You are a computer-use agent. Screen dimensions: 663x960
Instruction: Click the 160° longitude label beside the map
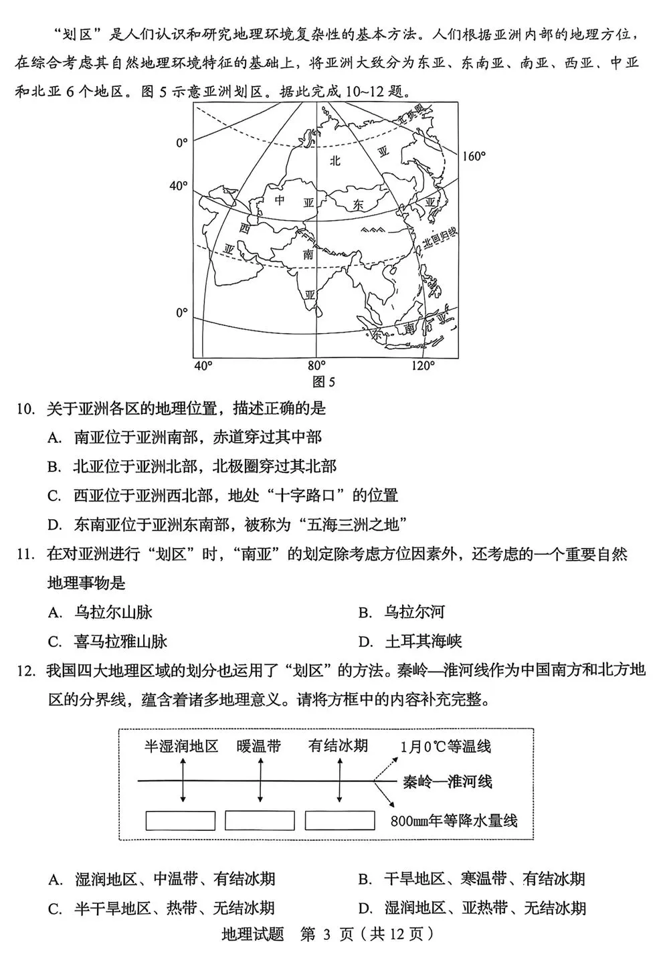coord(473,156)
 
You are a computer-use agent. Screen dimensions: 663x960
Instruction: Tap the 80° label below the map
coord(316,365)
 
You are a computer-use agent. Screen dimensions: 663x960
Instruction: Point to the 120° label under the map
coord(422,365)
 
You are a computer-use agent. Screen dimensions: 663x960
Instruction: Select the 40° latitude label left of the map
coord(178,185)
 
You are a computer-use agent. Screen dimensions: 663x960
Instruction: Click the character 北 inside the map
coord(335,160)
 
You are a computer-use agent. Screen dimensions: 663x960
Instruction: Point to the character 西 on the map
coord(245,228)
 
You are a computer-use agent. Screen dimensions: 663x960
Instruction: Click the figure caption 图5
coord(324,382)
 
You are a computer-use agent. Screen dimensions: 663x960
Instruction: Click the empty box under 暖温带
coord(260,820)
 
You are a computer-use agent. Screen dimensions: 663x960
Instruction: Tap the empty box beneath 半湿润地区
coord(181,820)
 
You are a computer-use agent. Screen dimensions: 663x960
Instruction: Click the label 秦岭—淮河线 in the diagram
coord(447,781)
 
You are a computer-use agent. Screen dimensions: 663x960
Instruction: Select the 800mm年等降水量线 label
coord(454,820)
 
